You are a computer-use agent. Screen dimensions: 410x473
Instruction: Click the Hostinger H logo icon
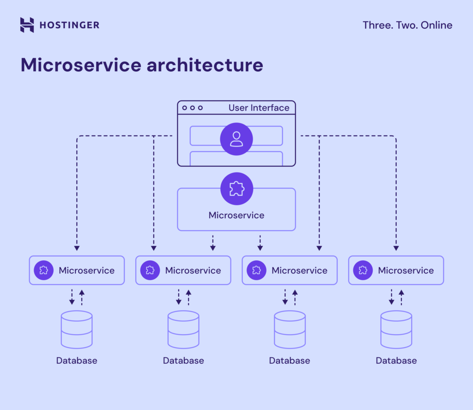pyautogui.click(x=27, y=25)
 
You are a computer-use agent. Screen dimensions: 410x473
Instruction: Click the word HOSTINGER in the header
pyautogui.click(x=69, y=25)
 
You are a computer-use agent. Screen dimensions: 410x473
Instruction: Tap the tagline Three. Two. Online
pyautogui.click(x=407, y=25)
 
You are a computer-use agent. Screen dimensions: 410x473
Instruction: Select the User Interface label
pyautogui.click(x=259, y=108)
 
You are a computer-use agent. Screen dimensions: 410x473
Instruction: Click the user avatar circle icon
pyautogui.click(x=236, y=139)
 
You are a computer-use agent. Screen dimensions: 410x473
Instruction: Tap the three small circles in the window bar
pyautogui.click(x=192, y=108)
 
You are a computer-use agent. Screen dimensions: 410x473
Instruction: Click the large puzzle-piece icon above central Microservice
pyautogui.click(x=236, y=189)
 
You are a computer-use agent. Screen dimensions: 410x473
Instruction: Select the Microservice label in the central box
pyautogui.click(x=236, y=215)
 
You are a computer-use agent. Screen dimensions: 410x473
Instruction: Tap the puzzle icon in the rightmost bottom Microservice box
pyautogui.click(x=363, y=270)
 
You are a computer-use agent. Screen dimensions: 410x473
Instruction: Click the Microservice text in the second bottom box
pyautogui.click(x=193, y=270)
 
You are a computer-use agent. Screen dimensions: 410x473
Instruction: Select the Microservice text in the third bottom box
pyautogui.click(x=299, y=270)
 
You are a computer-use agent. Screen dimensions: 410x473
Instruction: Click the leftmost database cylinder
pyautogui.click(x=77, y=329)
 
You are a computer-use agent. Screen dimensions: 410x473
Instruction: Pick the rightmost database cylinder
pyautogui.click(x=396, y=329)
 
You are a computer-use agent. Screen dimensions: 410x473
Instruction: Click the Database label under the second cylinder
pyautogui.click(x=183, y=361)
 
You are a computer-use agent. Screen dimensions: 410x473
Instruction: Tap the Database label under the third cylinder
pyautogui.click(x=290, y=361)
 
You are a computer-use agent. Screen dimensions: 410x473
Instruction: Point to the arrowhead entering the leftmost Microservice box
pyautogui.click(x=77, y=248)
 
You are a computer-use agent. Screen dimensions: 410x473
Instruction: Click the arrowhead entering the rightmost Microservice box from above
pyautogui.click(x=396, y=248)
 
